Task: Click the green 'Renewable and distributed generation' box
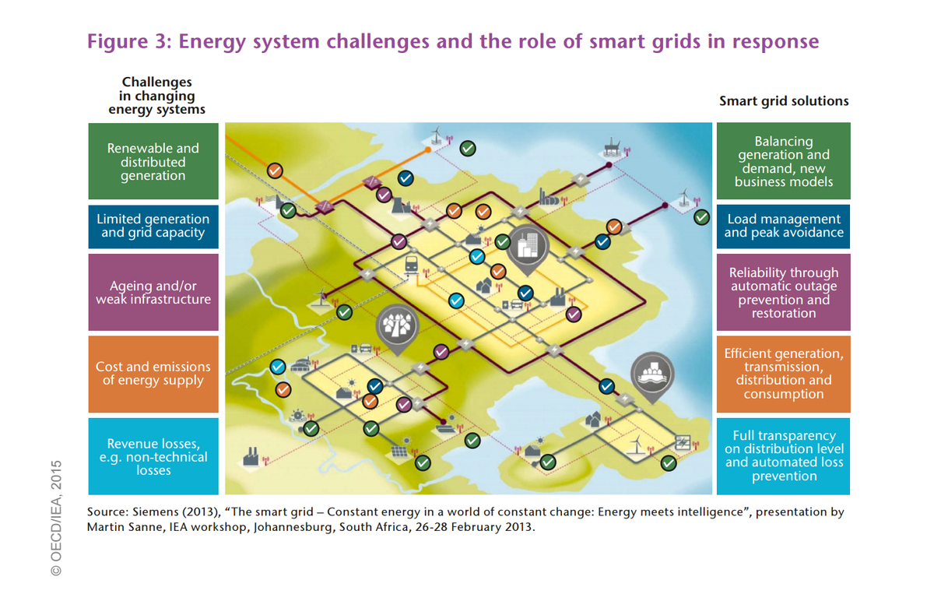point(153,161)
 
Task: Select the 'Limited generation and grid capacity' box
point(153,226)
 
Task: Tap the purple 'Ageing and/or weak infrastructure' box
point(153,293)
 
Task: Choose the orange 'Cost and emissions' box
point(153,374)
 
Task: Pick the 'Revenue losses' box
point(153,457)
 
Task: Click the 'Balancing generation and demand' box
point(783,161)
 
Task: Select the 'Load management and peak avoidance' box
point(783,226)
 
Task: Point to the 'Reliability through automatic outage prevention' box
point(783,293)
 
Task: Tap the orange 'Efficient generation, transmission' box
point(783,374)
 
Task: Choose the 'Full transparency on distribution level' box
point(783,456)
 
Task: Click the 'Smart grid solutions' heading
point(783,101)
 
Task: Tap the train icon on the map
point(412,266)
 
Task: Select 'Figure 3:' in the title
point(128,40)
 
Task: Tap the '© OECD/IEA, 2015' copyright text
point(57,518)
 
